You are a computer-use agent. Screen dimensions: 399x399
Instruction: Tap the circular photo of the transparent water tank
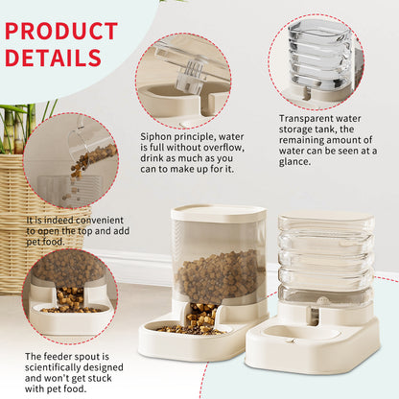pos(316,61)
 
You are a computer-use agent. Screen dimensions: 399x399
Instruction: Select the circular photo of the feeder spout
pos(69,293)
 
